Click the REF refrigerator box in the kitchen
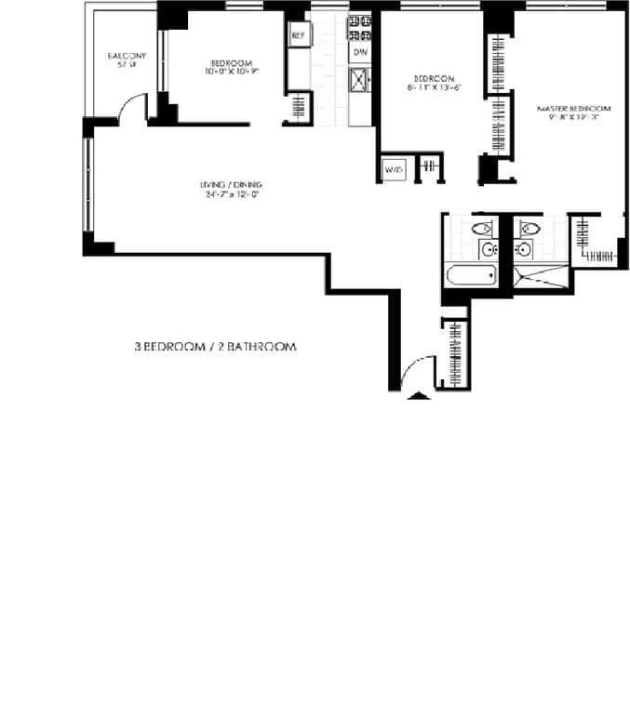[299, 35]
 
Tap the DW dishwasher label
[360, 54]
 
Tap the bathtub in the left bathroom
[470, 276]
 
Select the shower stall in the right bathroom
[538, 277]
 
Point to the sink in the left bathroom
[486, 249]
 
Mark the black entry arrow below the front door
[420, 396]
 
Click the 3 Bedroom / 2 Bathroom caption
[215, 347]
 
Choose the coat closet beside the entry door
[456, 354]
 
